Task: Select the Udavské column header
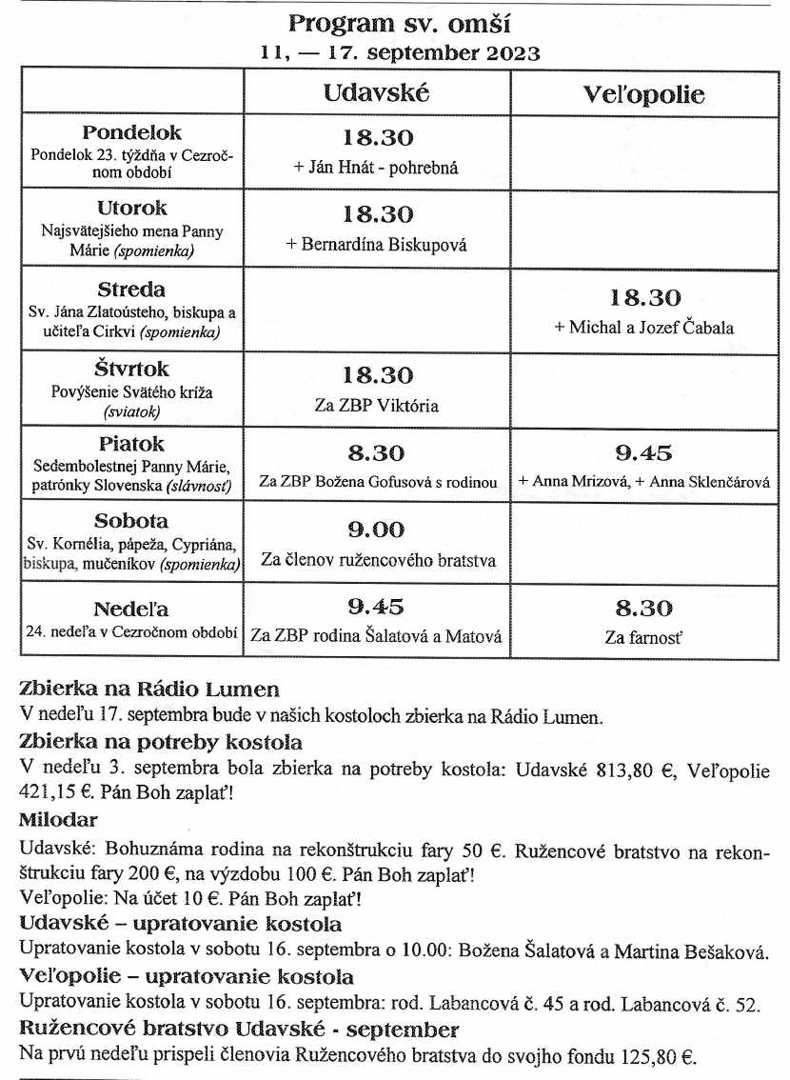[x=376, y=92]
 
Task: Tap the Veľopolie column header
[x=644, y=94]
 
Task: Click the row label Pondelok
[x=131, y=132]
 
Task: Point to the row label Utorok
[x=131, y=208]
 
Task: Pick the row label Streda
[x=131, y=290]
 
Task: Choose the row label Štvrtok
[x=131, y=369]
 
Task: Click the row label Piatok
[x=131, y=444]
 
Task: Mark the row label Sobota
[x=131, y=521]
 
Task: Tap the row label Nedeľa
[x=131, y=609]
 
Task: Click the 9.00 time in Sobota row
[x=377, y=530]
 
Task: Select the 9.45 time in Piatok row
[x=644, y=452]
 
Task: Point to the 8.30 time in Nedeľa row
[x=644, y=608]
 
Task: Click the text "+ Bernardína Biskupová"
[x=377, y=244]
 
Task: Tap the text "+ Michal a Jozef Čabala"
[x=644, y=327]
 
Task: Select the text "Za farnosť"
[x=644, y=637]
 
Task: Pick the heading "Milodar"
[x=58, y=819]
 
